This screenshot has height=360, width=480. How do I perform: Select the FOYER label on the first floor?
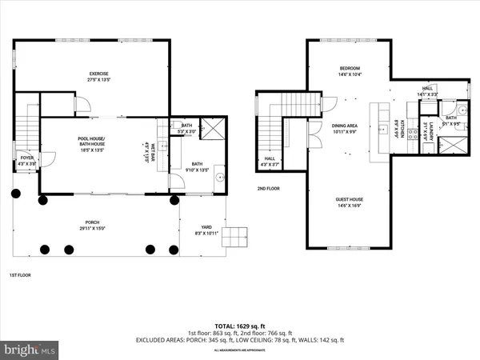tap(27, 158)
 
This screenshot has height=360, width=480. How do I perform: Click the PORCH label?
tap(94, 223)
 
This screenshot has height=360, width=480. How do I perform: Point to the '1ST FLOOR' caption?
tap(20, 275)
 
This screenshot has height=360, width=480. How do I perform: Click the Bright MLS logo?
tap(30, 349)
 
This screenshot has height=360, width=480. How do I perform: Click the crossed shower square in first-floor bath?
tap(214, 127)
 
